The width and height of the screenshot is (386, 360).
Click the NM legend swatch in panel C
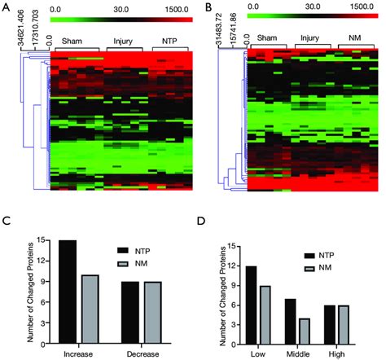[x=129, y=262]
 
